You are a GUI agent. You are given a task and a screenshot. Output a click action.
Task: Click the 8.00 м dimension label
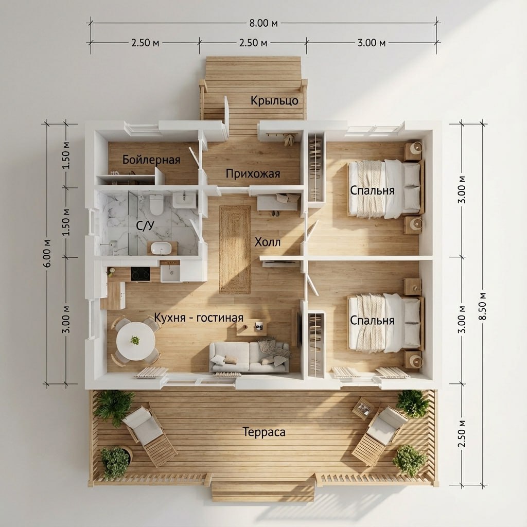pos(263,23)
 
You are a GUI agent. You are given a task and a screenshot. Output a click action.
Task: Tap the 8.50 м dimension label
pos(483,306)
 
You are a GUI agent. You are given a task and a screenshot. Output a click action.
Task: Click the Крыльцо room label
pos(275,100)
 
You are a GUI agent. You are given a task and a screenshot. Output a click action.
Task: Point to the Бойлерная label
pos(151,160)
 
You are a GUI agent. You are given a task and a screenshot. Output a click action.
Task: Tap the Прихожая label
pos(253,173)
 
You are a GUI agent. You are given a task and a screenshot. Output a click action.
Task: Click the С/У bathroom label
pos(145,225)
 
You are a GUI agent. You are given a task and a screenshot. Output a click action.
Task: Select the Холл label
pos(268,242)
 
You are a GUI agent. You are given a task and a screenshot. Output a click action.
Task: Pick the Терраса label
pos(264,432)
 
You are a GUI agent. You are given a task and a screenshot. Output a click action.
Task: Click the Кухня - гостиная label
pos(199,318)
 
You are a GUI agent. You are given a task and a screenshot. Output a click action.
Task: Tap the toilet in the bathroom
pos(156,204)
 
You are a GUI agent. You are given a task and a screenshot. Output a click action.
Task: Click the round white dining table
pos(136,341)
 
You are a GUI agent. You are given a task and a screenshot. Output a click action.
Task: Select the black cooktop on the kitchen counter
pos(140,274)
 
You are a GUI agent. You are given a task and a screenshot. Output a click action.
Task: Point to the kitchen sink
pos(170,273)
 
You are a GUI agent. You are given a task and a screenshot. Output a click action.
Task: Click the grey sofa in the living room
pos(249,357)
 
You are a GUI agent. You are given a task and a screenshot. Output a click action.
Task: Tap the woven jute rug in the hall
pos(235,250)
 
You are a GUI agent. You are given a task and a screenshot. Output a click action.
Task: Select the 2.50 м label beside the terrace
pos(462,433)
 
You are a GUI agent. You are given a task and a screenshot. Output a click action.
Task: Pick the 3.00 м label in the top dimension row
pos(372,43)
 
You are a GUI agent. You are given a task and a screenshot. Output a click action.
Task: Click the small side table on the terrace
pos(363,408)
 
